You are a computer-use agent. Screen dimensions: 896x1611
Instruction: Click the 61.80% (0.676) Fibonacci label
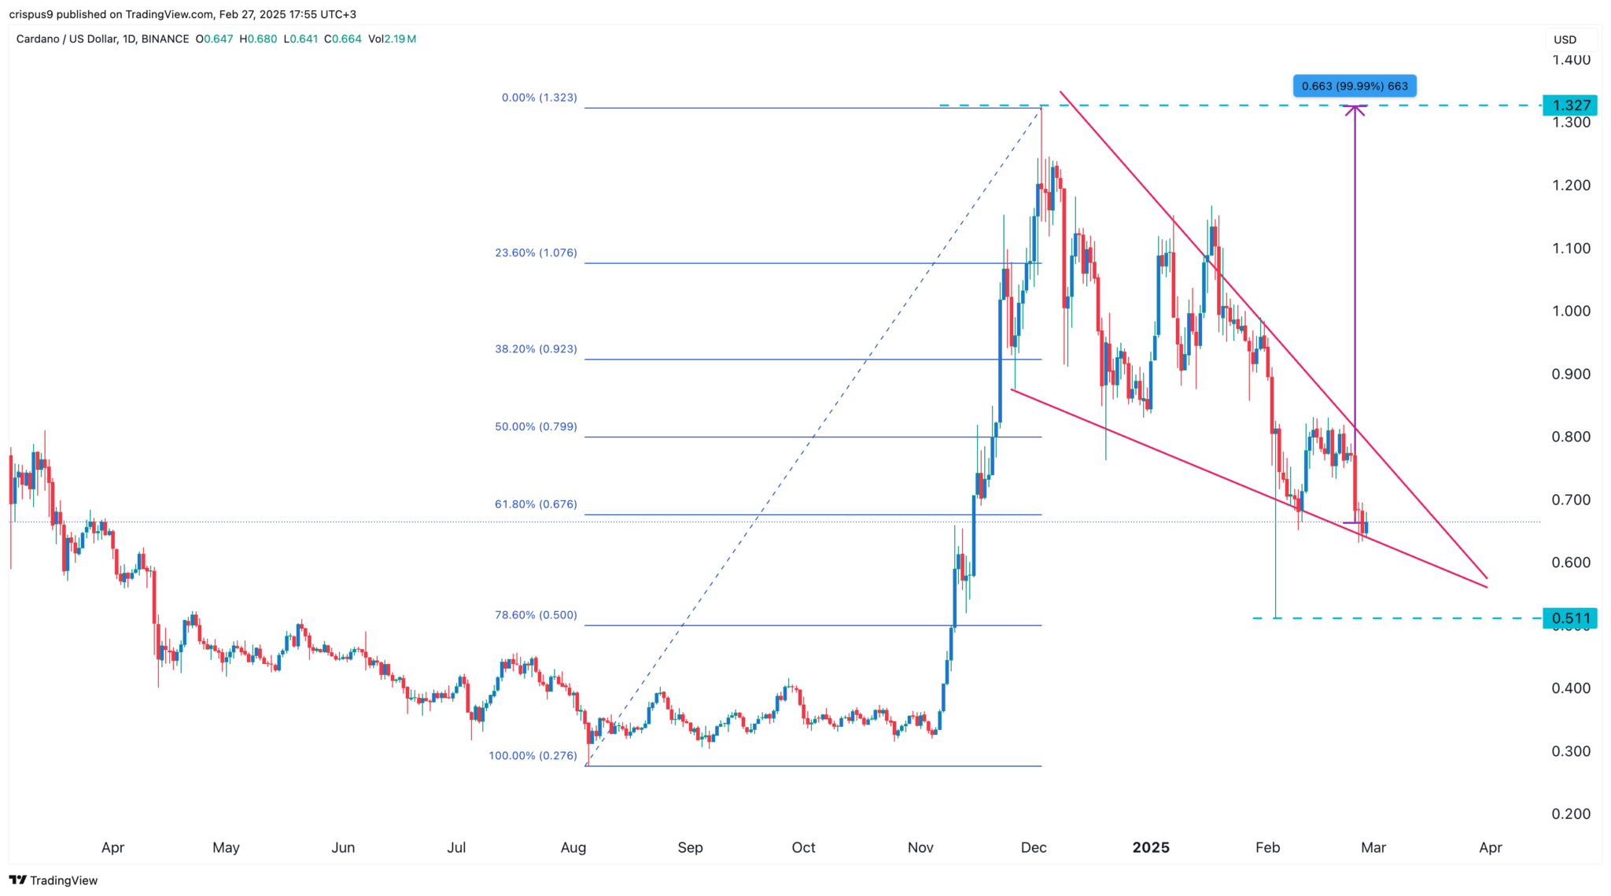click(x=536, y=504)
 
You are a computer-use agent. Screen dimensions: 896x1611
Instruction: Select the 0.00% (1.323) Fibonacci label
click(x=539, y=98)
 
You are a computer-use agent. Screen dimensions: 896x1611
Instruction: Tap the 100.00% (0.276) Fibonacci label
click(x=533, y=755)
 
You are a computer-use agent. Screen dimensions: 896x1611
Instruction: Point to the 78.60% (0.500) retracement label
click(x=536, y=615)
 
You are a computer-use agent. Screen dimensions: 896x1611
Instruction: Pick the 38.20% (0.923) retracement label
click(x=536, y=348)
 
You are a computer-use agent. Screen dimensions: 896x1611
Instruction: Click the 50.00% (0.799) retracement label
click(x=536, y=426)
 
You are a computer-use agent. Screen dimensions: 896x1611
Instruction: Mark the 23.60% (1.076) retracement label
click(x=536, y=253)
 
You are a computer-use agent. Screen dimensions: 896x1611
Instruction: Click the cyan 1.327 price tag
click(x=1570, y=105)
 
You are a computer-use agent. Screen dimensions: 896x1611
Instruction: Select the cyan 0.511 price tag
click(x=1570, y=618)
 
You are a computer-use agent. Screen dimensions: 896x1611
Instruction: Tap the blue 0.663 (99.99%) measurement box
click(x=1355, y=86)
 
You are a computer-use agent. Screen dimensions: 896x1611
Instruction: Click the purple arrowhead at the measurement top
click(x=1355, y=109)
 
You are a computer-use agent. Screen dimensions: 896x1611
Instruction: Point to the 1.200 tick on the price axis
click(x=1571, y=185)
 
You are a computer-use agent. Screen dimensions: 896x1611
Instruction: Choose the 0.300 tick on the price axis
click(x=1571, y=750)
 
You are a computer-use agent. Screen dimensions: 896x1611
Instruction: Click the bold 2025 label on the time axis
click(x=1150, y=847)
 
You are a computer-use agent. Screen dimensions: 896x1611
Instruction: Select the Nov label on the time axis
click(x=920, y=847)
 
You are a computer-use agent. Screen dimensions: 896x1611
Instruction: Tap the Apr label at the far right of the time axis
click(x=1490, y=847)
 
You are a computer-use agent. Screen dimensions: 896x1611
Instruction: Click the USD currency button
click(x=1565, y=39)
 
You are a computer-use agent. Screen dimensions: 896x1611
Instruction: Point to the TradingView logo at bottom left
click(x=53, y=880)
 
